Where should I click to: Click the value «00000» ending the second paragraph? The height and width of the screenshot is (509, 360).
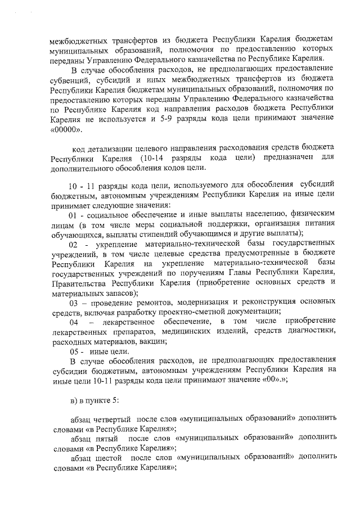click(66, 129)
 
